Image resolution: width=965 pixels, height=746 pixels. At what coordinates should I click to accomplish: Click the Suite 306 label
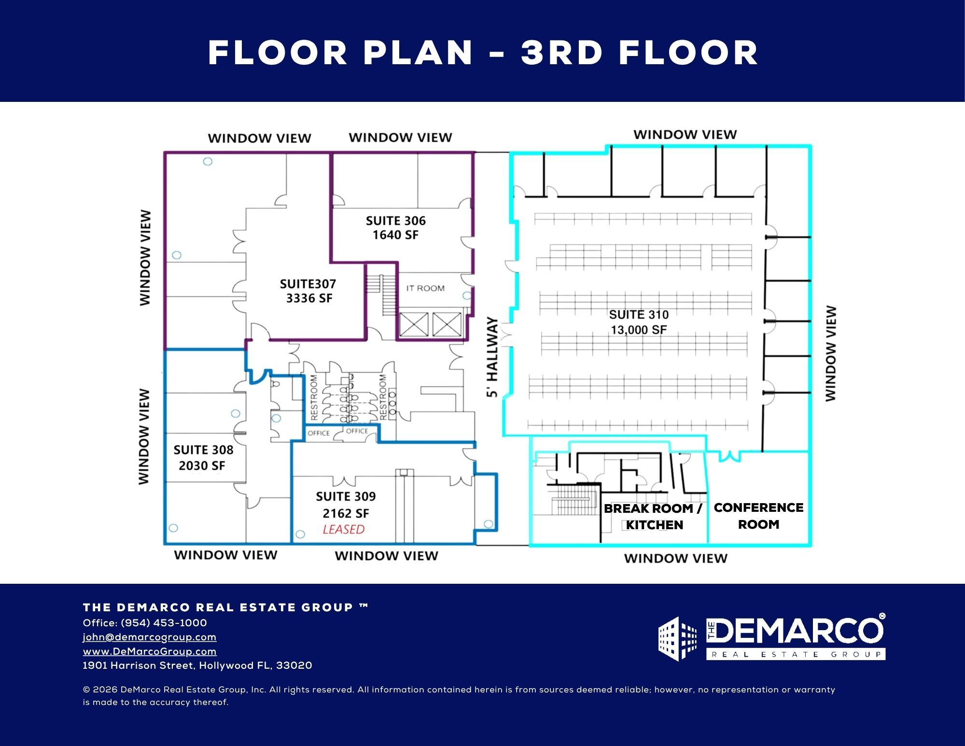tap(396, 228)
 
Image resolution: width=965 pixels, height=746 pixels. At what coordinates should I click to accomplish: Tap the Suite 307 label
tap(308, 291)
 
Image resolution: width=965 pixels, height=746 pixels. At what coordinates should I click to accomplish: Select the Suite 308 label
tap(203, 458)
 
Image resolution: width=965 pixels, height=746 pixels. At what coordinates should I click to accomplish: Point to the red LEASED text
tap(344, 529)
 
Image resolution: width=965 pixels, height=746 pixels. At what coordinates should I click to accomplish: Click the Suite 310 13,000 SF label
tap(639, 322)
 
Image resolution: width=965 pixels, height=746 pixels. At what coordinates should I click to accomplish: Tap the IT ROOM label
tap(425, 288)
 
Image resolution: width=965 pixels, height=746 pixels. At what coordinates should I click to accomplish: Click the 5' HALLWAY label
tap(492, 357)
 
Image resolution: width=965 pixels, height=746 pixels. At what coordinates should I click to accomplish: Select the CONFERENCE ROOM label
tap(758, 516)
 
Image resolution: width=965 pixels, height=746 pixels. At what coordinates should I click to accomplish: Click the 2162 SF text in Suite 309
tap(346, 513)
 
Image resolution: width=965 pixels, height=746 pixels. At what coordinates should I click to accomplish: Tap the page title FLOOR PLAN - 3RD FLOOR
tap(483, 53)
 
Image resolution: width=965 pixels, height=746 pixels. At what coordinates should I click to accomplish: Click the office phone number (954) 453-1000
tap(164, 623)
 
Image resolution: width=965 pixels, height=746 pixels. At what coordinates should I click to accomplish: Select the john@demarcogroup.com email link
tap(150, 637)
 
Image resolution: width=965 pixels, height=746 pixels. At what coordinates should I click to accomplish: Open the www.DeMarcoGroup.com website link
tap(150, 651)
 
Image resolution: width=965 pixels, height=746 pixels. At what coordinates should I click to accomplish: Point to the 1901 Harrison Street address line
tap(197, 665)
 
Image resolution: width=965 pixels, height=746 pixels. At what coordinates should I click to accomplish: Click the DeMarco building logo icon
tap(678, 638)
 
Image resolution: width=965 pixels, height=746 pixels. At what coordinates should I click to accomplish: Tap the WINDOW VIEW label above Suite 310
tap(685, 134)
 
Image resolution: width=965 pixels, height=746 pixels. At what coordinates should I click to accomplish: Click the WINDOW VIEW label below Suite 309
tap(387, 556)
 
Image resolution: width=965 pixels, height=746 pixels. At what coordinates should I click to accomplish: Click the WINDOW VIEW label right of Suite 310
tap(830, 353)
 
